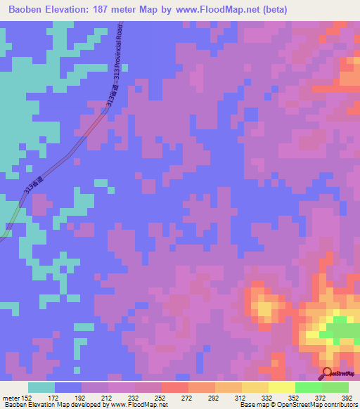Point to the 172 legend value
point(53,398)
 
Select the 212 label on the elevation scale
point(107,398)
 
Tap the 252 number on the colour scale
point(160,398)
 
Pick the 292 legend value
point(214,398)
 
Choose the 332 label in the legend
point(267,398)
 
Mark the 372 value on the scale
point(321,398)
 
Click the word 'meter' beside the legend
point(11,398)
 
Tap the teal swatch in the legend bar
point(41,387)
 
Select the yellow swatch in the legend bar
point(282,387)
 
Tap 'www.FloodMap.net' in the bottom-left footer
point(132,405)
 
